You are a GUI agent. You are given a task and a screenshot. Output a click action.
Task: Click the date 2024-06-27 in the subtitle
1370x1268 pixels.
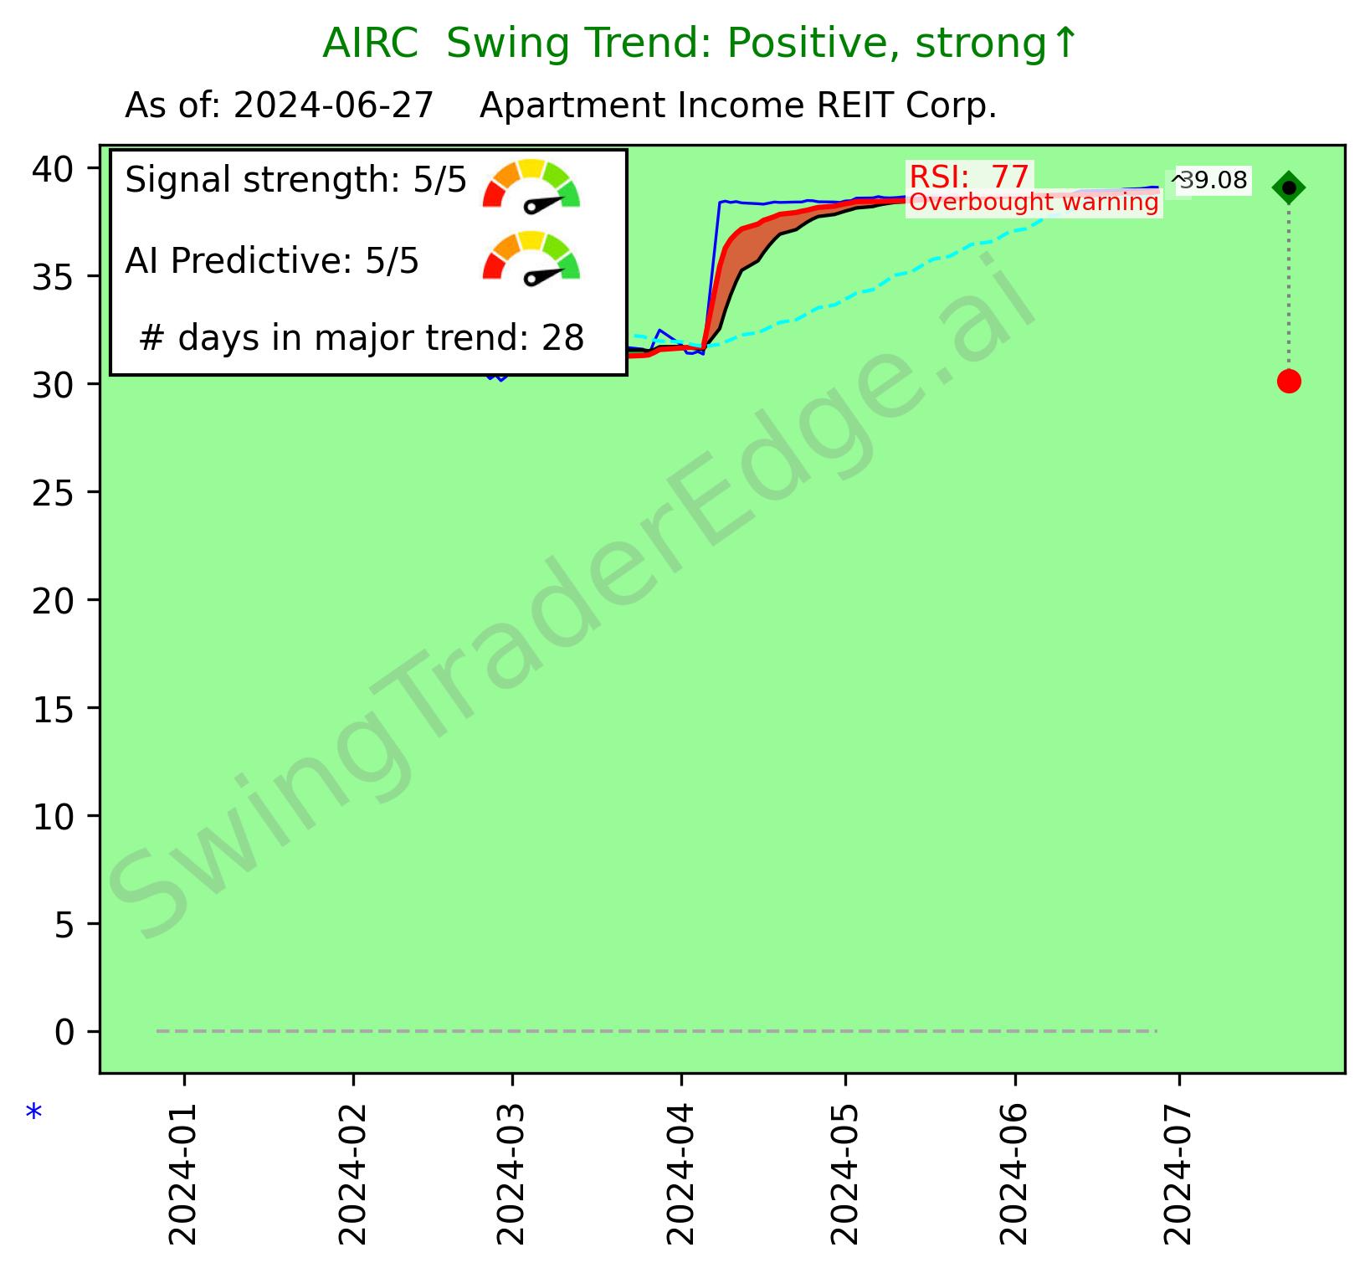click(333, 106)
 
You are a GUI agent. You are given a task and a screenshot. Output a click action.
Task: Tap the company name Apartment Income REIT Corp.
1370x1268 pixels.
click(737, 106)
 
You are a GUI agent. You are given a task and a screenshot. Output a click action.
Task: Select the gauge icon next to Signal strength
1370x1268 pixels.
click(531, 184)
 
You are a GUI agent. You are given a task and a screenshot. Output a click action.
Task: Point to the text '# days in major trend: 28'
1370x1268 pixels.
click(361, 338)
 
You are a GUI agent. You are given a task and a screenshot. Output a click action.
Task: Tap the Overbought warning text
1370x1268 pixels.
click(1034, 203)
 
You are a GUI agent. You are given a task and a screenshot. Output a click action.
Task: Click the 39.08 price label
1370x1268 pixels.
click(1212, 180)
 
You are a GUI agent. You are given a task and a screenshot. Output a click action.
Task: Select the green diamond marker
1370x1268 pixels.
click(1288, 188)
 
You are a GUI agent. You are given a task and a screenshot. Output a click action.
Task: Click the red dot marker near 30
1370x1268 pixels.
click(1288, 382)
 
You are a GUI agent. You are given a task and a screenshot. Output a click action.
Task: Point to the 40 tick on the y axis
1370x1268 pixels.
click(54, 168)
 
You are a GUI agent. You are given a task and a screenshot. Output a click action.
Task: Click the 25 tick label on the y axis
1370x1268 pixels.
click(54, 492)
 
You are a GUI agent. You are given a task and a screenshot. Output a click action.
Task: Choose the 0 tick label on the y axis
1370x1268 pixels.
click(64, 1032)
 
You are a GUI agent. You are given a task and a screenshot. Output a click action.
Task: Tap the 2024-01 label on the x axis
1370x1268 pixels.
click(183, 1168)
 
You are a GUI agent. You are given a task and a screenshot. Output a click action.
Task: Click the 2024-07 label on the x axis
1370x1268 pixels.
click(1178, 1168)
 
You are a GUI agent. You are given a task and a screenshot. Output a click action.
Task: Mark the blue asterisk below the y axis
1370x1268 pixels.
click(33, 1114)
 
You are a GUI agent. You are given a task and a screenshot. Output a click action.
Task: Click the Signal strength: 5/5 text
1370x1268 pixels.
click(295, 180)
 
